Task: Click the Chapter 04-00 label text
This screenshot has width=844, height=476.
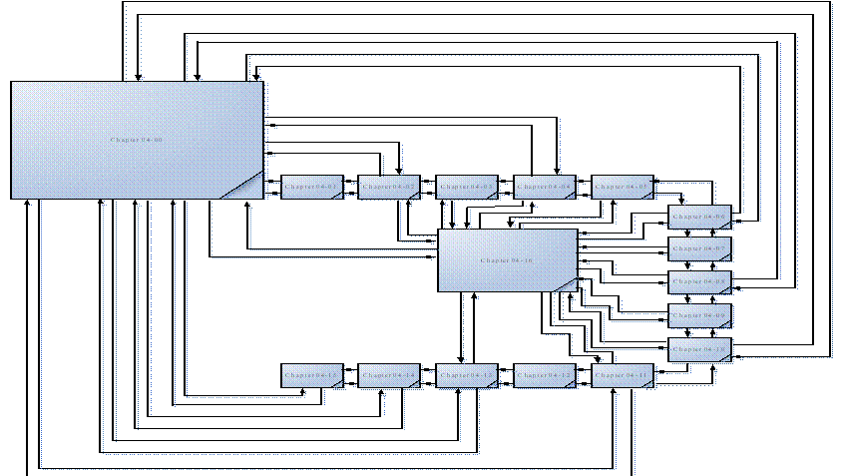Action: [x=137, y=140]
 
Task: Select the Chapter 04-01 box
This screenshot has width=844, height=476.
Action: [x=312, y=187]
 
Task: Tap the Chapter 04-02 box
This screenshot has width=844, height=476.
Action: [x=388, y=187]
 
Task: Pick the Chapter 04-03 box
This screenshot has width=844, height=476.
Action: [x=467, y=187]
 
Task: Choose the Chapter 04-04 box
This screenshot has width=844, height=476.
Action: [x=545, y=187]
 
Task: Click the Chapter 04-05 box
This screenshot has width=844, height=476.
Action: [x=623, y=187]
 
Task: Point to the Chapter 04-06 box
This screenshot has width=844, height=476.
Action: [x=700, y=217]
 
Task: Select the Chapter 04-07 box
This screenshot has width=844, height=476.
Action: [x=700, y=248]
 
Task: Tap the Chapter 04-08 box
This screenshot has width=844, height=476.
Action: [x=700, y=282]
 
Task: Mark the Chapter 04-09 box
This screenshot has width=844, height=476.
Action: [x=700, y=315]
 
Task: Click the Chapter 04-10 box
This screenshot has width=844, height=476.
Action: [x=700, y=349]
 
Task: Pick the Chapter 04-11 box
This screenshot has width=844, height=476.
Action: [x=623, y=375]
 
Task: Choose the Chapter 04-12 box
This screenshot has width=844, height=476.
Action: [x=545, y=375]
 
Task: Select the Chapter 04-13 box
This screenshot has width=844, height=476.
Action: [x=467, y=375]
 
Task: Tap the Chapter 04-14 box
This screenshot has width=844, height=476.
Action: [x=388, y=375]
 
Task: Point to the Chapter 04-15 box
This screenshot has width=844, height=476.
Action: [x=312, y=375]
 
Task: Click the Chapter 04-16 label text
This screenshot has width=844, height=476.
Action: [x=507, y=260]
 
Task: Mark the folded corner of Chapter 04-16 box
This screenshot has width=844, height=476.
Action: [x=566, y=283]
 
